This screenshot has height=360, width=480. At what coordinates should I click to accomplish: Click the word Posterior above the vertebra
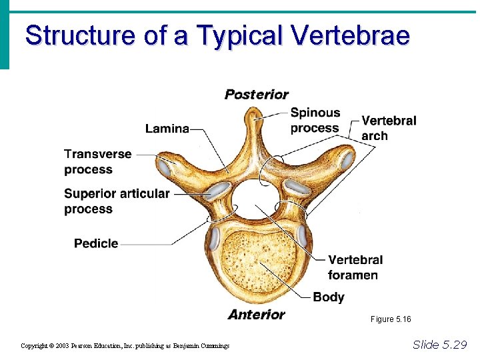click(256, 95)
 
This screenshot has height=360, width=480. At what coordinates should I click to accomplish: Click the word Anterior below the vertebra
click(256, 315)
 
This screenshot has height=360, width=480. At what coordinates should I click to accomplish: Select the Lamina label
click(167, 128)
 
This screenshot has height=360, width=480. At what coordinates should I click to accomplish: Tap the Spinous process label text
click(315, 120)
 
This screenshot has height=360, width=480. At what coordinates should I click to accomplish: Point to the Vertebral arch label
click(388, 128)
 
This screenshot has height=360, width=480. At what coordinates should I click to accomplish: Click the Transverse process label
click(97, 161)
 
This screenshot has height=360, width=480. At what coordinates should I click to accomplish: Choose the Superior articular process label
click(117, 201)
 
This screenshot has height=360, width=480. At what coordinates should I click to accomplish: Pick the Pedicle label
click(96, 243)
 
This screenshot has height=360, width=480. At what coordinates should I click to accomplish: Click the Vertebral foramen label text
click(355, 267)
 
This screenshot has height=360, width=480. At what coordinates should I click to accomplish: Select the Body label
click(328, 297)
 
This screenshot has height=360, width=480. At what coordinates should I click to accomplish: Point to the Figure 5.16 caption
click(391, 319)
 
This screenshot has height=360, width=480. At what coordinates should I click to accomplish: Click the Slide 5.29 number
click(439, 345)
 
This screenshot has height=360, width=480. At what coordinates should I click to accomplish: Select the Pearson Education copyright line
click(125, 345)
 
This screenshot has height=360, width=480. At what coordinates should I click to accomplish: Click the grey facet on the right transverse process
click(347, 160)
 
